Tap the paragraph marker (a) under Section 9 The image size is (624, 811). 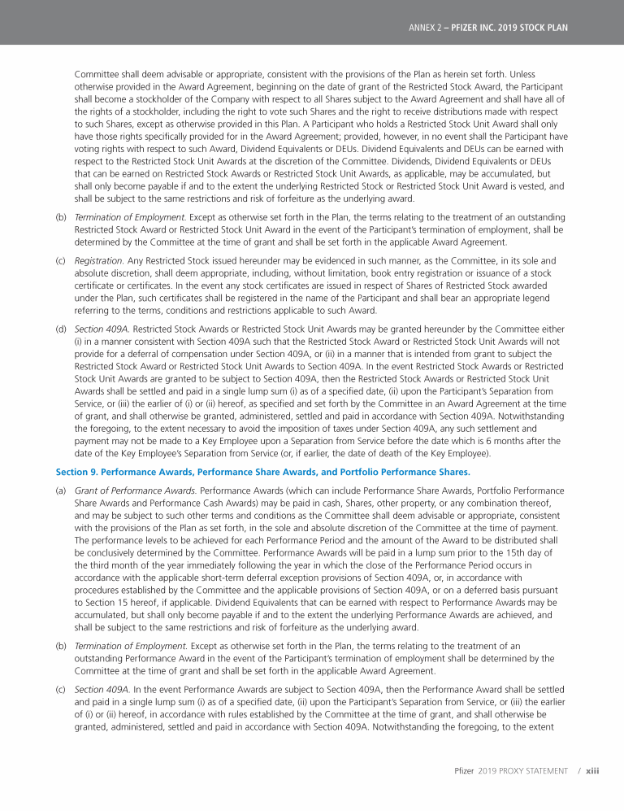pos(61,491)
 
